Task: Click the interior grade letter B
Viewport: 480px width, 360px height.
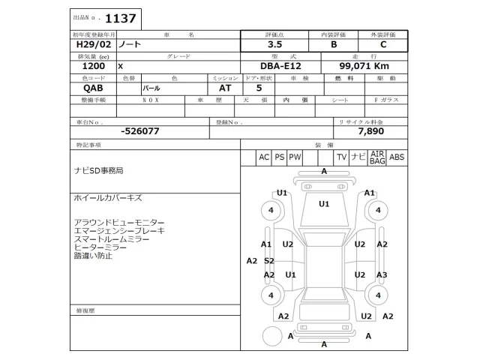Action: (334, 45)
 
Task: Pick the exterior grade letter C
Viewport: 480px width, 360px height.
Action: (383, 45)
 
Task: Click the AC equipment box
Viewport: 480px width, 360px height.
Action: (264, 157)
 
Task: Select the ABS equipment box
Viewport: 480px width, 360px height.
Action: (397, 157)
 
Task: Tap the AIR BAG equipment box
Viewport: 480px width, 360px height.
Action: (377, 157)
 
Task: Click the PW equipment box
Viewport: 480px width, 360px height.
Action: (295, 157)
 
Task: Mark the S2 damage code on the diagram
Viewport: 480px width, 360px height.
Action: (269, 261)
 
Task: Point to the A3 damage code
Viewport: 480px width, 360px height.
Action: (382, 275)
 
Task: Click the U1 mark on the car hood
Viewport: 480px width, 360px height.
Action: (325, 203)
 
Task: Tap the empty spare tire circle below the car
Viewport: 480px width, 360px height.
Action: (270, 335)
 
